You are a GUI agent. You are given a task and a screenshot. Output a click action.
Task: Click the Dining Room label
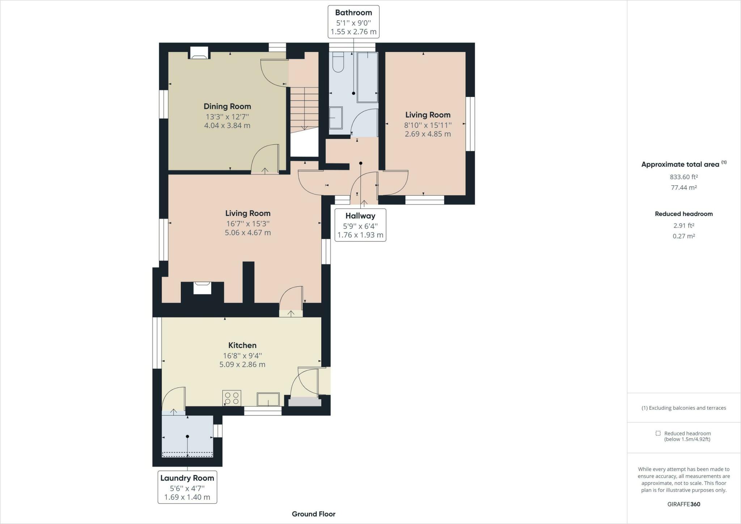(x=227, y=106)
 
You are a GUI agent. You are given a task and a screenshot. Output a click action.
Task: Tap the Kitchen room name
(x=242, y=345)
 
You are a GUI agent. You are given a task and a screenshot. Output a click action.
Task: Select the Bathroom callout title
(x=353, y=13)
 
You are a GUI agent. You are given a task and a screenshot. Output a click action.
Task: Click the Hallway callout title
(x=360, y=216)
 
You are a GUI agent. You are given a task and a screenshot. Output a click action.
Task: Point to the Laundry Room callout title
(x=187, y=478)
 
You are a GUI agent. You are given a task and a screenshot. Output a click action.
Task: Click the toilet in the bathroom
(x=338, y=62)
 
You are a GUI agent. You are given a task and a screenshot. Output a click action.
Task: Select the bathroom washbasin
(x=336, y=118)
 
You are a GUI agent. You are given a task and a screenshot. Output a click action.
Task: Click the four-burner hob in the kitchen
(x=232, y=398)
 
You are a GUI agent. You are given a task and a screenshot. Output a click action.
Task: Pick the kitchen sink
(x=268, y=399)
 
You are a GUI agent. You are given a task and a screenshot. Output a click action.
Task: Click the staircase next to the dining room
(x=305, y=109)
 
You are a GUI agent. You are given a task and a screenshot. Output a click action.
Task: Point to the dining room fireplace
(x=199, y=53)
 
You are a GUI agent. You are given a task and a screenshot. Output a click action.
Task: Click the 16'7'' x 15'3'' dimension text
(x=248, y=224)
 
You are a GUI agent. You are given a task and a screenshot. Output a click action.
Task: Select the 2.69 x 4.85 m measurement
(x=428, y=134)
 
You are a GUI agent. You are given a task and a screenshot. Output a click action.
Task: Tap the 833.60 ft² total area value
(x=684, y=177)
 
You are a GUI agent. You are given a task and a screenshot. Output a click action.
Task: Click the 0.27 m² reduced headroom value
(x=684, y=236)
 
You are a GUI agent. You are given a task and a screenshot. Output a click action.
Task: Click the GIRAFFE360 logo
(x=684, y=504)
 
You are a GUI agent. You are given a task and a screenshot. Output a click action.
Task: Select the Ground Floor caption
(x=314, y=514)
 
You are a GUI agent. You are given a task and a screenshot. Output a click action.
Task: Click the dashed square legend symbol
(x=658, y=433)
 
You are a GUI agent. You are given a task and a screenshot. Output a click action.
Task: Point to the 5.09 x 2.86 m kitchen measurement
(x=242, y=364)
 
